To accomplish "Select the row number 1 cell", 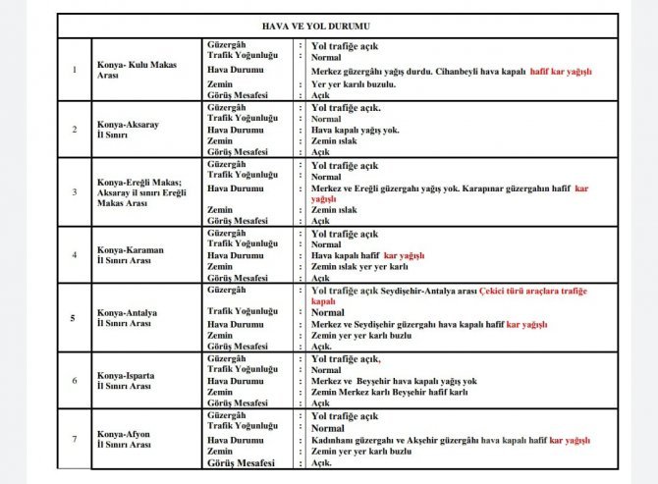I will point(75,69).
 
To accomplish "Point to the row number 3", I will point(75,190).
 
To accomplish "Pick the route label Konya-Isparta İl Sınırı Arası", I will point(127,380).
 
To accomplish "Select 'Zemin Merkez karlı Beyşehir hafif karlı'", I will point(389,392).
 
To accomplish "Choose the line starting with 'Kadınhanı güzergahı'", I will point(450,441).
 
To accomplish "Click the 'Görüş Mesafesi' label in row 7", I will point(239,463).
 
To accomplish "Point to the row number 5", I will point(75,318).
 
